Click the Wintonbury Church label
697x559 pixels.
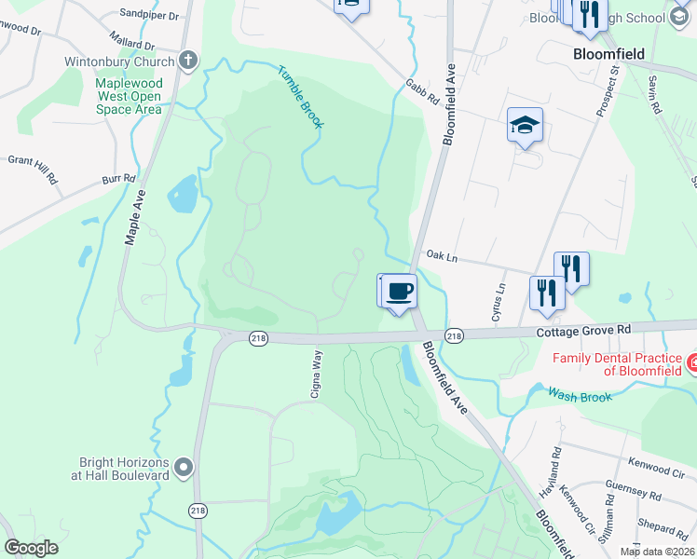[119, 62]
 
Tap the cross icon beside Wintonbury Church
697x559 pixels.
[187, 62]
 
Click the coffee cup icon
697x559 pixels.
[400, 291]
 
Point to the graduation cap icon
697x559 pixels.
[525, 126]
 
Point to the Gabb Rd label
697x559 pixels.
[421, 96]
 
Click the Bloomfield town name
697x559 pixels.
[609, 54]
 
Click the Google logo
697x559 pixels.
[32, 548]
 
